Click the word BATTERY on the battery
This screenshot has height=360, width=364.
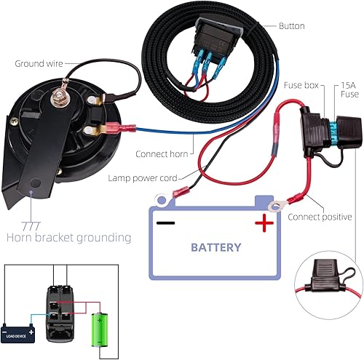pos(215,247)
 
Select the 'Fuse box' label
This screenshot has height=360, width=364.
pos(300,85)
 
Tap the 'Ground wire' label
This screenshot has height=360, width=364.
pos(37,63)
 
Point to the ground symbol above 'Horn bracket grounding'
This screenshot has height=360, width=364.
pos(31,223)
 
